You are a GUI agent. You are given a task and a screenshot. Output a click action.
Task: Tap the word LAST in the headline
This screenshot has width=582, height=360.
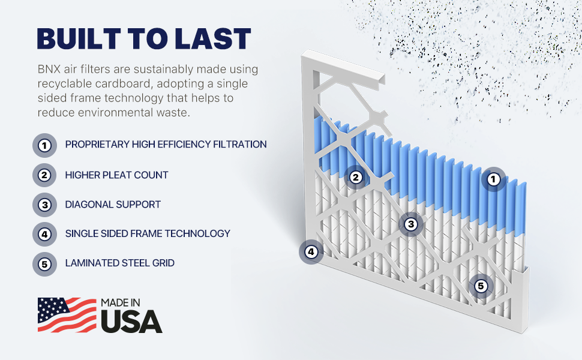point(212,38)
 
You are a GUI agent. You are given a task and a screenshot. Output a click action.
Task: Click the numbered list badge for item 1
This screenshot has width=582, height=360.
point(44,145)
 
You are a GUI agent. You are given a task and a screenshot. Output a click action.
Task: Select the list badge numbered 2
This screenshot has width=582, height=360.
point(44,175)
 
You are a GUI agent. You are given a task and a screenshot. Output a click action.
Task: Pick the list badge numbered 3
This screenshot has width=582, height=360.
point(44,205)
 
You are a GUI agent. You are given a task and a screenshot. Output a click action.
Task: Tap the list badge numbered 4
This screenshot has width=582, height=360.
point(44,234)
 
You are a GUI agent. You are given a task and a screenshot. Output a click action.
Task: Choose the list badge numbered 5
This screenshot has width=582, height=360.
point(44,264)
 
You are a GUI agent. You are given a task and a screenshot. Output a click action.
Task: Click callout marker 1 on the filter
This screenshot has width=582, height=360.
point(493,179)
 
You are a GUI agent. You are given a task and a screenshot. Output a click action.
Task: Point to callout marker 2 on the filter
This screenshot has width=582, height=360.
point(356,178)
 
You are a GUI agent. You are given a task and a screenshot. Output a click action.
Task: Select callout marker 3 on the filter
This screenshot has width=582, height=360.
point(411,224)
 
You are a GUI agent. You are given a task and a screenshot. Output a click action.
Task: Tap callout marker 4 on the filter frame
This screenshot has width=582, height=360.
point(311,252)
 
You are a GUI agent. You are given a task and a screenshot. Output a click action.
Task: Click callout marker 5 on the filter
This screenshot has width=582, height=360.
point(481,286)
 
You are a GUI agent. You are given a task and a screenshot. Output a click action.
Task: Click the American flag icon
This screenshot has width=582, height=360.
point(67,315)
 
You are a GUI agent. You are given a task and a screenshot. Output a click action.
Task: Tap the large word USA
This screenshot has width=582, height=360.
point(132,321)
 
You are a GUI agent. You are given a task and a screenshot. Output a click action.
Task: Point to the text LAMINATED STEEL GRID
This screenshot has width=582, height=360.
point(120,263)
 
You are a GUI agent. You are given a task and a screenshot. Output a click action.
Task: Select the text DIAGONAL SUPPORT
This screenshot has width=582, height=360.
point(113,205)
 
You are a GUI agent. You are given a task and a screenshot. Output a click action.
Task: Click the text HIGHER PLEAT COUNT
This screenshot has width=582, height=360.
point(116,175)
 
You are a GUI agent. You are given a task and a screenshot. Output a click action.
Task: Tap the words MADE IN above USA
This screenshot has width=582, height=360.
point(121,303)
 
